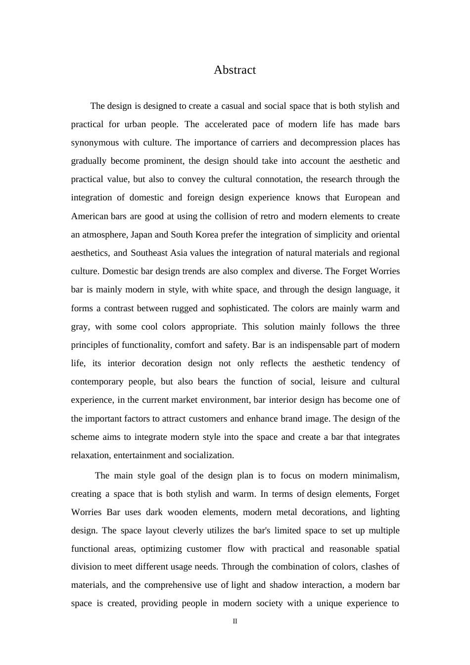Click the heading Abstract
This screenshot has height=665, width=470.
coord(235,70)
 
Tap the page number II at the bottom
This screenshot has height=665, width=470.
coord(235,621)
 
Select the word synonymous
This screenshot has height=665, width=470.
coord(94,143)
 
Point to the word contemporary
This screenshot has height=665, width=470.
coord(97,382)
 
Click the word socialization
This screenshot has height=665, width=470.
coord(209,456)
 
